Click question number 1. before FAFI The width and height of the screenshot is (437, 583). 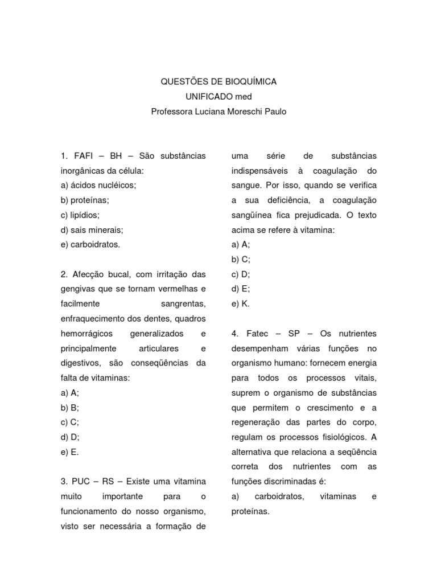click(64, 156)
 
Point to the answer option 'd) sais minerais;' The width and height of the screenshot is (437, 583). click(91, 230)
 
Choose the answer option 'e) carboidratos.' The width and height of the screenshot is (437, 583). click(90, 245)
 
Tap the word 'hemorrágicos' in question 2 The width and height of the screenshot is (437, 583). click(86, 334)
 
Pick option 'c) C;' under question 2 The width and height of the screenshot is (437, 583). click(69, 422)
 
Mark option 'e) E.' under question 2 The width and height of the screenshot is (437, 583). click(69, 452)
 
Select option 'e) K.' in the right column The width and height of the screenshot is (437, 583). click(240, 304)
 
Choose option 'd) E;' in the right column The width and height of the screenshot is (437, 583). click(240, 289)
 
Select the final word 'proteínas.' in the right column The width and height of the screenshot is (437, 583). click(250, 511)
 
